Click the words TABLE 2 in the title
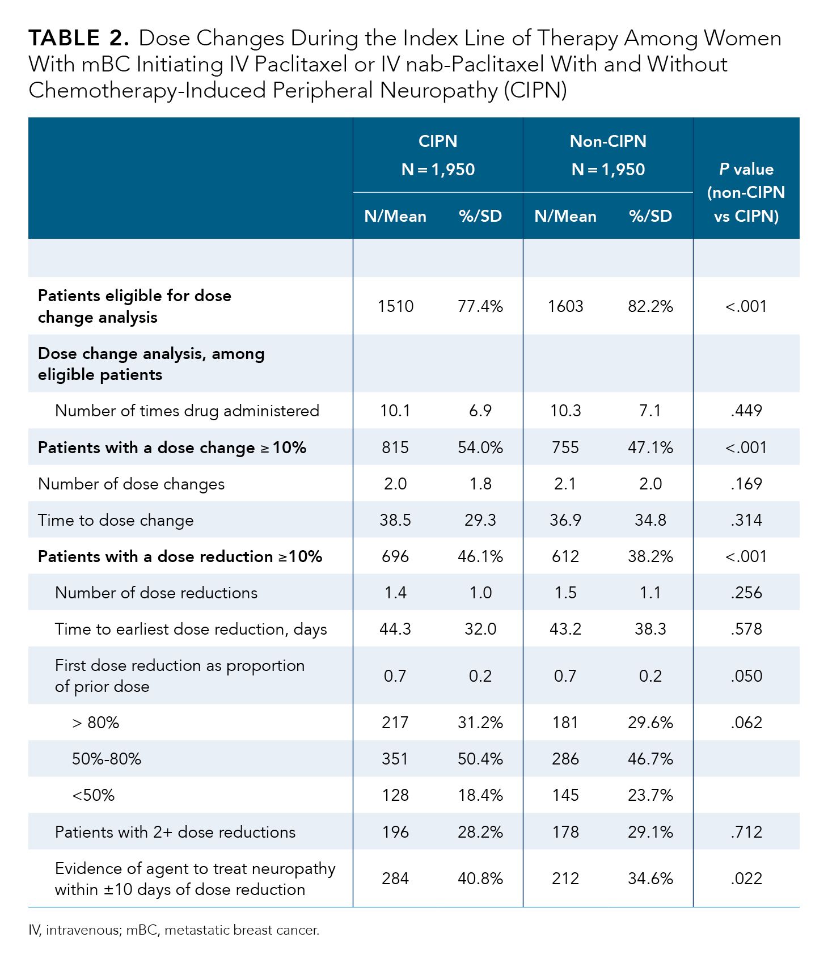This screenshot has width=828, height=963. click(x=78, y=39)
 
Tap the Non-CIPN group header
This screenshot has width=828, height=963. click(x=608, y=155)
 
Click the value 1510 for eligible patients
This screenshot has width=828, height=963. click(x=395, y=306)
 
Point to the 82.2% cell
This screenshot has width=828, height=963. click(x=650, y=306)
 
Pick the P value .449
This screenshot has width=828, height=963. click(x=746, y=411)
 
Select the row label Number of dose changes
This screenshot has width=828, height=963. click(x=131, y=484)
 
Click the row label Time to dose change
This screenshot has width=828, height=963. click(x=116, y=520)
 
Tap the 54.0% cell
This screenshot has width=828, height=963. click(x=480, y=447)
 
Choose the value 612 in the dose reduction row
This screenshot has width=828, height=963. click(x=565, y=556)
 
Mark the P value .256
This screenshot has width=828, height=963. click(x=746, y=593)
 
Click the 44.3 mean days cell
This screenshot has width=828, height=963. click(x=395, y=629)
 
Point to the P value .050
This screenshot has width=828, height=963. click(x=746, y=676)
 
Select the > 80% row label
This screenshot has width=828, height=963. click(x=95, y=723)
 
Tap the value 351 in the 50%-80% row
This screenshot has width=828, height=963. click(x=395, y=759)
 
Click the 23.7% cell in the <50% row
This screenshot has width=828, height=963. click(x=650, y=795)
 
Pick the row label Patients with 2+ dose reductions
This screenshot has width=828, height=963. click(x=175, y=832)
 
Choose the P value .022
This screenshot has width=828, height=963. click(x=746, y=878)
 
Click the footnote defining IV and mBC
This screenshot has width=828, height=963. click(x=174, y=930)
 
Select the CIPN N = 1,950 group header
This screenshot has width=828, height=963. click(x=438, y=155)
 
